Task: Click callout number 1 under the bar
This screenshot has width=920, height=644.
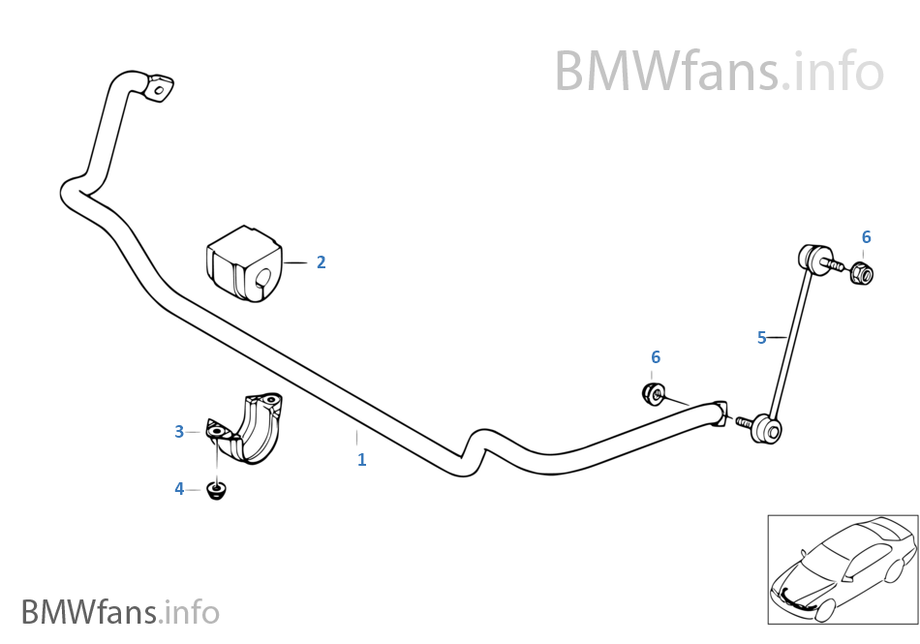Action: point(361,460)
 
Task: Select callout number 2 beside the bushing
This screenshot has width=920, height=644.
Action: point(321,262)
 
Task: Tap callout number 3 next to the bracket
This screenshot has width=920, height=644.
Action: point(179,432)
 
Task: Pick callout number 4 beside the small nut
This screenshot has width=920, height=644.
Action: point(179,489)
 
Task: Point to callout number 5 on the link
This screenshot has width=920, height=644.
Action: point(762,337)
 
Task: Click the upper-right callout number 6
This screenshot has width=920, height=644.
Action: point(866,237)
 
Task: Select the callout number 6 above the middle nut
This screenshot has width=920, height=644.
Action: point(656,357)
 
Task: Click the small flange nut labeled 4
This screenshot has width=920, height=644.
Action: point(217,489)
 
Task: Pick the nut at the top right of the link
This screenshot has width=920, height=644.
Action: point(861,274)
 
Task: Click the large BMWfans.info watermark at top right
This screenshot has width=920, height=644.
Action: point(719,71)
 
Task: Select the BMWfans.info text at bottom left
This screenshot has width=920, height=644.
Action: point(120,612)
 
